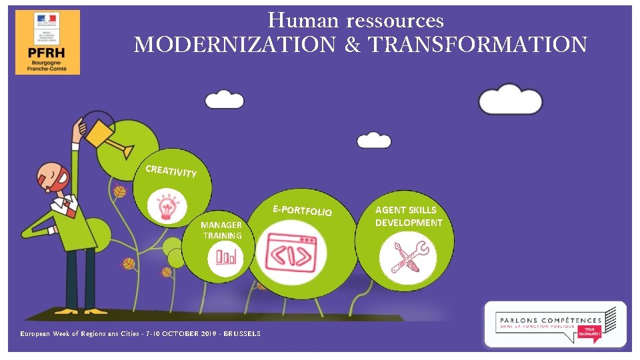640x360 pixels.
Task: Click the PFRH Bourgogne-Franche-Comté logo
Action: [47, 42]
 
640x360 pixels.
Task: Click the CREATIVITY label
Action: [171, 171]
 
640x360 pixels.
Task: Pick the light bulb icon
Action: [165, 206]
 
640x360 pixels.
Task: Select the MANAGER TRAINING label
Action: [221, 230]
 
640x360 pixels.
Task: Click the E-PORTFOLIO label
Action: [302, 210]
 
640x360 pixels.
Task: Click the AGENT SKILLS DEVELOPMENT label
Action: [409, 216]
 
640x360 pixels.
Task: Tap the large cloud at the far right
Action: [511, 99]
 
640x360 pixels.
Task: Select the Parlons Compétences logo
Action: [555, 324]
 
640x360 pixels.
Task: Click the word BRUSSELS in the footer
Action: [242, 333]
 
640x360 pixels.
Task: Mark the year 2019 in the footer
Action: [206, 333]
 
